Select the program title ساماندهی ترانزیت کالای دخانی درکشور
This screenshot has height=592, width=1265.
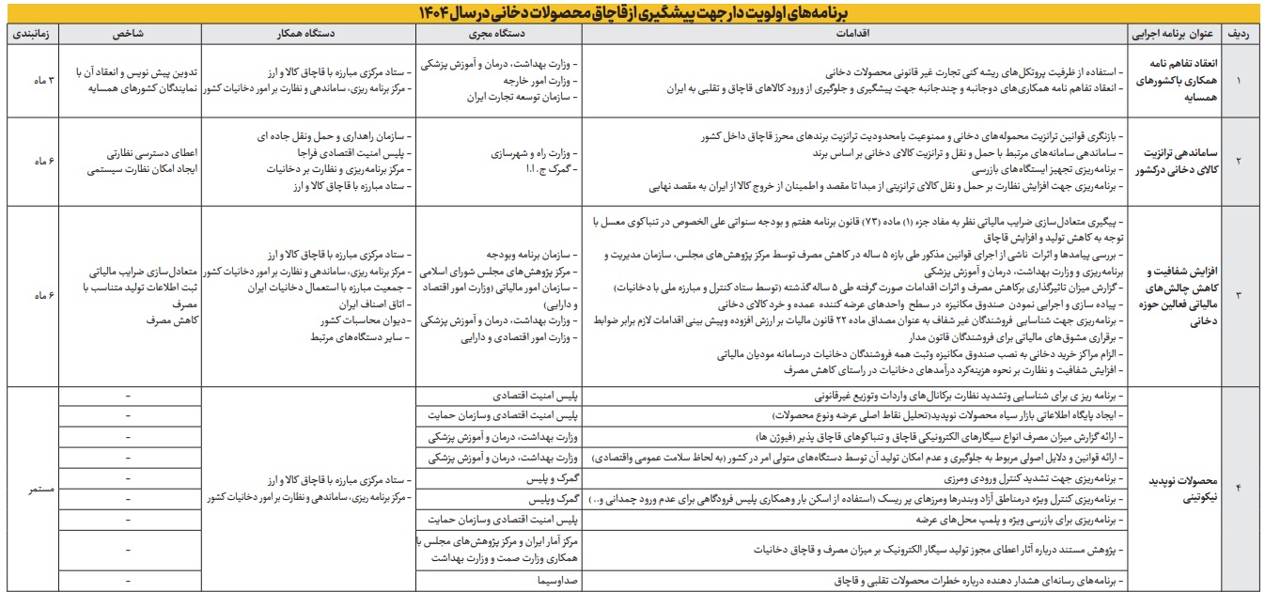click(x=1174, y=161)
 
